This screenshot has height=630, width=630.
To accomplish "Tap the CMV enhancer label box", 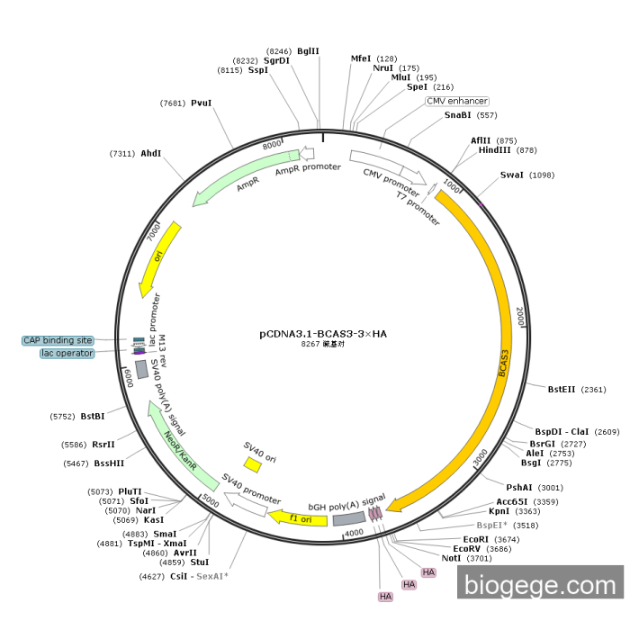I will point(457,101).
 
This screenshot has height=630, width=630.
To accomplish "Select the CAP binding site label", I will point(58,340).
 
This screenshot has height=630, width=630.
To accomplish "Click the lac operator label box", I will point(67,354).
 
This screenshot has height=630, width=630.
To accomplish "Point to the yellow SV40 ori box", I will point(253,464).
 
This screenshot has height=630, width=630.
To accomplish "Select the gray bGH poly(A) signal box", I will point(349,517).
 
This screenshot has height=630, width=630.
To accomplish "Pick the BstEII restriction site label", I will point(564,390).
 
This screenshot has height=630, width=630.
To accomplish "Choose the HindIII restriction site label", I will point(495,150).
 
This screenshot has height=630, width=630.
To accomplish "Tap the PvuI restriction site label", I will point(201,103).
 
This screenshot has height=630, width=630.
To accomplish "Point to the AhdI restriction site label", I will point(150,154).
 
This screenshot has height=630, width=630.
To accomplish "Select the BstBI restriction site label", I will point(93,417).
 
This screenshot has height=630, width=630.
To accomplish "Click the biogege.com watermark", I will point(540,584).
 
